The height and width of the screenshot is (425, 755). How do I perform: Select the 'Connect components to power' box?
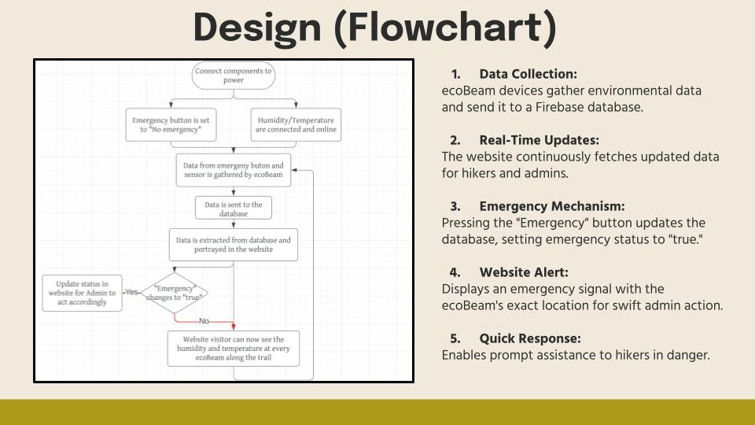pyautogui.click(x=234, y=76)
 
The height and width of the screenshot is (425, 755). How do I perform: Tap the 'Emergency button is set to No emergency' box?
pyautogui.click(x=172, y=124)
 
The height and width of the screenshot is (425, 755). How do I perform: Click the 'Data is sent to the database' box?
pyautogui.click(x=234, y=208)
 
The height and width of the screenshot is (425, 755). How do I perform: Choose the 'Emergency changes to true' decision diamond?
pyautogui.click(x=174, y=292)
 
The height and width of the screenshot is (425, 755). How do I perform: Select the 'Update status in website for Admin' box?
pyautogui.click(x=82, y=292)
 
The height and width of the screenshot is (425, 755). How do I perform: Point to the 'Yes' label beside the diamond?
pyautogui.click(x=131, y=292)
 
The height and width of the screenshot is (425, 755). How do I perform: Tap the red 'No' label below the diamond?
pyautogui.click(x=204, y=321)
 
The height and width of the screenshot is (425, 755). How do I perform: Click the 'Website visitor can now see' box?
pyautogui.click(x=234, y=348)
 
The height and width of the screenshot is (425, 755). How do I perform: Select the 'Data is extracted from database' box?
pyautogui.click(x=234, y=244)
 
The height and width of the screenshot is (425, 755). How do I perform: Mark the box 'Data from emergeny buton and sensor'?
pyautogui.click(x=234, y=171)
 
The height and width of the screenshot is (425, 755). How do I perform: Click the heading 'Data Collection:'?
pyautogui.click(x=528, y=74)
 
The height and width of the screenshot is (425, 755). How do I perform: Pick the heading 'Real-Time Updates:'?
pyautogui.click(x=534, y=140)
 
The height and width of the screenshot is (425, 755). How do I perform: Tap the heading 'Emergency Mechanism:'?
pyautogui.click(x=551, y=206)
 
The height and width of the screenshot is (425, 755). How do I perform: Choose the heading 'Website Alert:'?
pyautogui.click(x=524, y=272)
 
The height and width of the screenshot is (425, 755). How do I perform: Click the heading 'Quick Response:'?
pyautogui.click(x=530, y=338)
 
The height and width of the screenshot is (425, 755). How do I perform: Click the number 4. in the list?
pyautogui.click(x=455, y=272)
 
